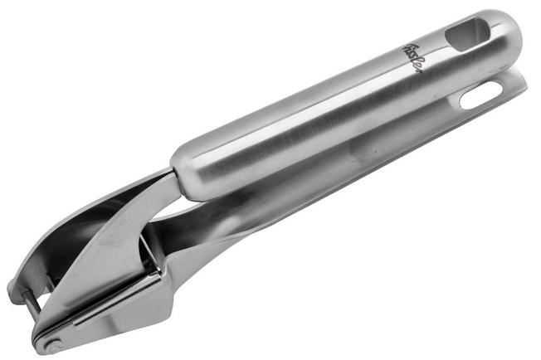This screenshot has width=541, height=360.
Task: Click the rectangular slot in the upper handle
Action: (x=467, y=35)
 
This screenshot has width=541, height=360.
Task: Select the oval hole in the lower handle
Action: (x=481, y=95)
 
